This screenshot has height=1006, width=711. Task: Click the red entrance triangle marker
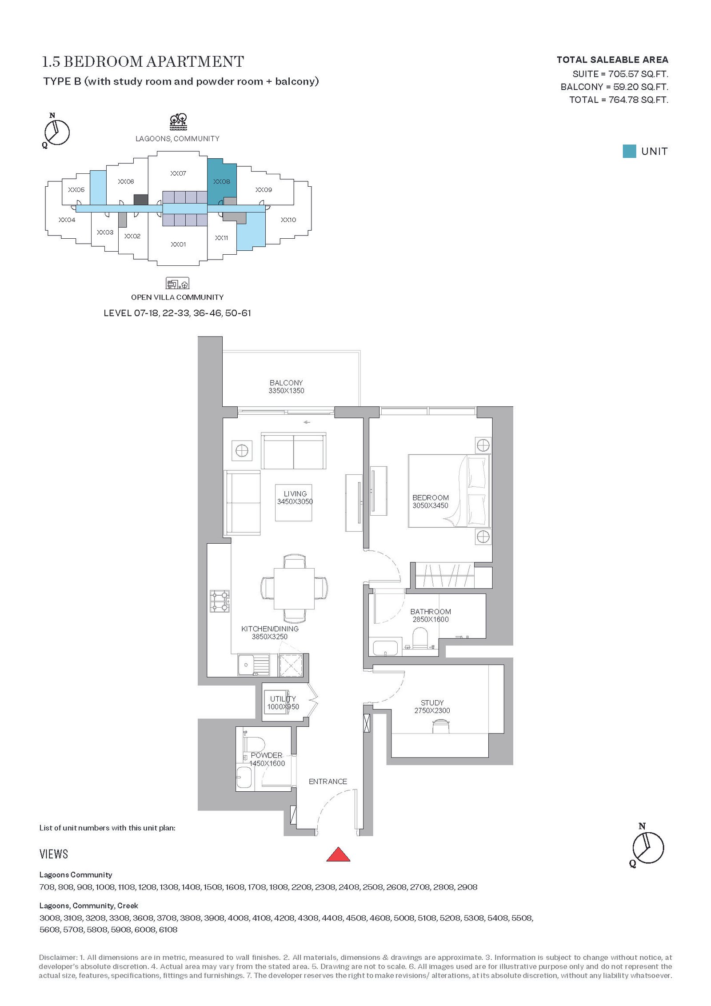338,854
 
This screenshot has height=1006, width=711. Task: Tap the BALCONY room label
286,383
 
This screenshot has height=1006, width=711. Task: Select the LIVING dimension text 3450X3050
295,501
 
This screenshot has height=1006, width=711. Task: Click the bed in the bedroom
449,491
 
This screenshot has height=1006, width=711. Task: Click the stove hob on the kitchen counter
220,601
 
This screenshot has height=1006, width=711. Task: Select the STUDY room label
432,703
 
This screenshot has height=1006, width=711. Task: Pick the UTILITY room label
283,699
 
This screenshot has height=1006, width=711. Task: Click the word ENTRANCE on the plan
328,782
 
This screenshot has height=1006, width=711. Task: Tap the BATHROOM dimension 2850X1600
431,619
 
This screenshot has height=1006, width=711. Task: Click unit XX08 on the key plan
222,181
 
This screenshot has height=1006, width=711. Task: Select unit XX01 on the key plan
178,244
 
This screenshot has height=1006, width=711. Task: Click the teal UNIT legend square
629,151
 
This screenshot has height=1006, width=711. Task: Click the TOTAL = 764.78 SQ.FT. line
619,100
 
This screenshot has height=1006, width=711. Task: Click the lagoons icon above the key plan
178,121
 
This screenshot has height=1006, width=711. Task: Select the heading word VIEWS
54,854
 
